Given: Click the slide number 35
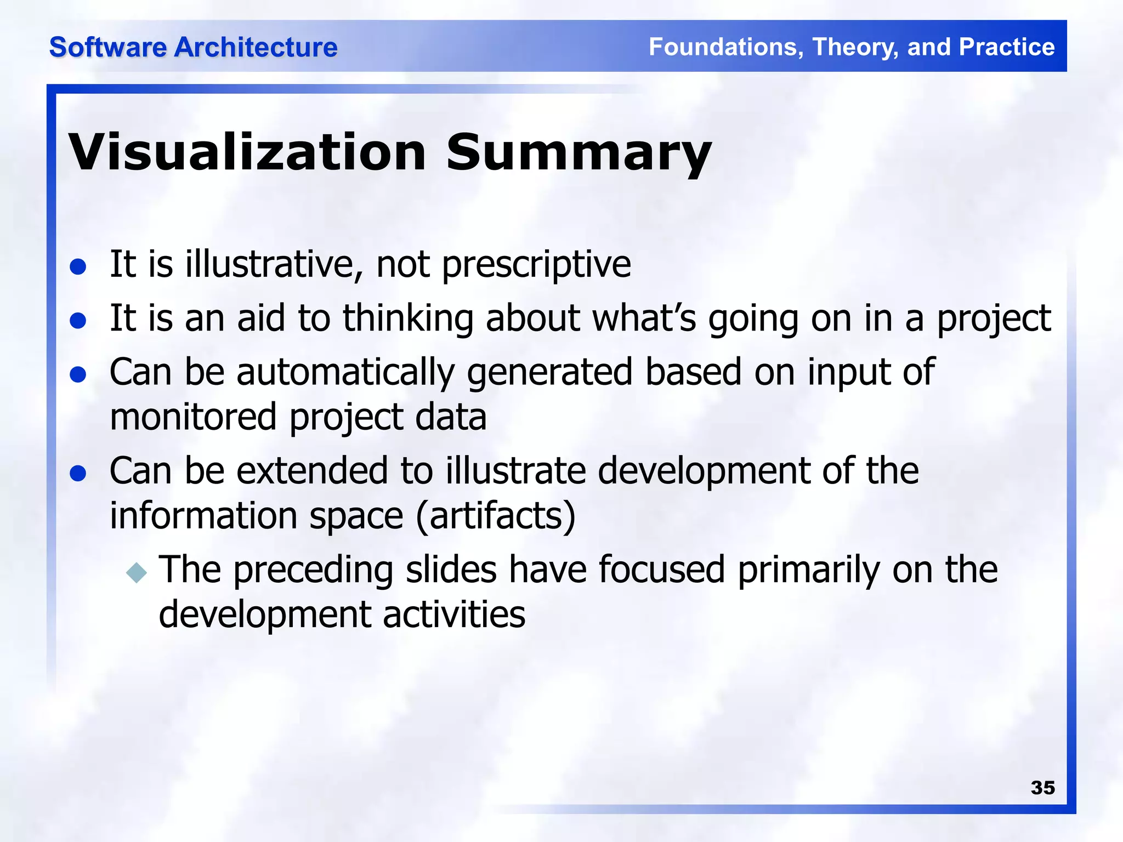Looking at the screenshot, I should [1042, 788].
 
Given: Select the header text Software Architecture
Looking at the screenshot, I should [193, 47].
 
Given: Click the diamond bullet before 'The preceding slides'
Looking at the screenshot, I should [137, 572].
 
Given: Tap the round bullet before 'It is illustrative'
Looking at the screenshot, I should [78, 267].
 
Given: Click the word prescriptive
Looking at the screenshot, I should [536, 265].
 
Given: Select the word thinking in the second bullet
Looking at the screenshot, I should [408, 318].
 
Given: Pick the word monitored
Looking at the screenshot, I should [193, 417].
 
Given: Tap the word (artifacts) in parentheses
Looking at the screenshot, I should [496, 516].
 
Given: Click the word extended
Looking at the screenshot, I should [312, 471].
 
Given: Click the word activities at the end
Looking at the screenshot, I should [454, 614].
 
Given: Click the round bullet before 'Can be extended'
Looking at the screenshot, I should [78, 473].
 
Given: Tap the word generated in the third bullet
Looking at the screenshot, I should [549, 373].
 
